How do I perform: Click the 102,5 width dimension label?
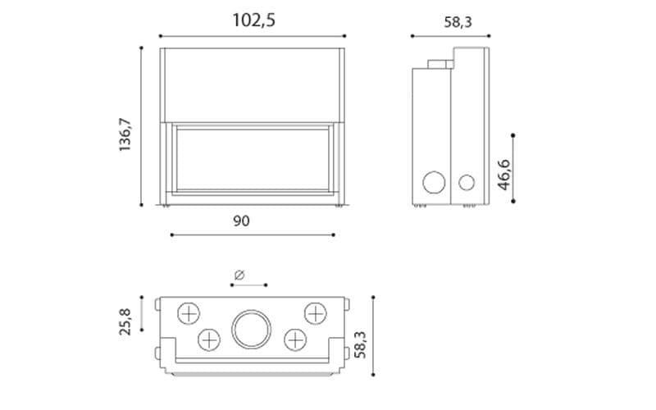point(253,21)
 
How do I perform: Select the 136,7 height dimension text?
point(125,139)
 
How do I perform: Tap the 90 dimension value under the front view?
point(241,221)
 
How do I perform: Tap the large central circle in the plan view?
point(248,330)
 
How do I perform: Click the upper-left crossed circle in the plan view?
point(189,312)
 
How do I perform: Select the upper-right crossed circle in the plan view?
point(315,312)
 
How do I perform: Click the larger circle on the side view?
point(431,182)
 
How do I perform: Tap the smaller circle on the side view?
point(467,182)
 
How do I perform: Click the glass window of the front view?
point(253,157)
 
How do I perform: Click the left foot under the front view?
point(167,206)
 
